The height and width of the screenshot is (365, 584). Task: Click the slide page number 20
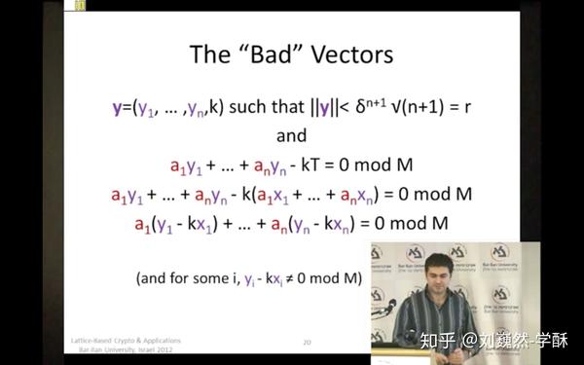[x=307, y=342]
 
